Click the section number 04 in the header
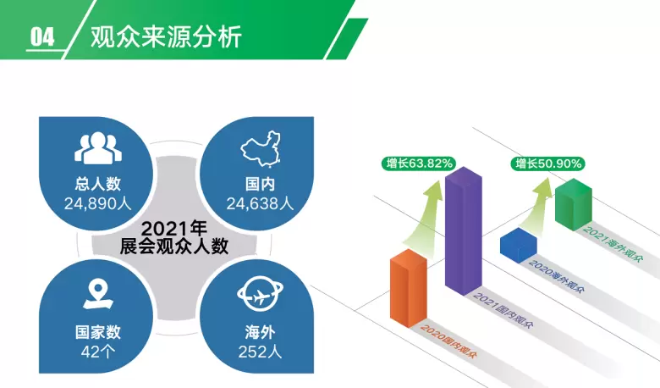42,36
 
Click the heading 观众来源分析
166,36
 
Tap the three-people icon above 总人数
98,148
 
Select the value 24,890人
97,204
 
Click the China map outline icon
261,149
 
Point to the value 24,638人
260,204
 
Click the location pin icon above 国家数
98,295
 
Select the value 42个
97,352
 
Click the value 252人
260,352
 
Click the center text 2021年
173,229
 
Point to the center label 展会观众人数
173,247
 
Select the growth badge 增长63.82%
419,164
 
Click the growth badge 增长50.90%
548,164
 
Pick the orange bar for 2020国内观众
409,288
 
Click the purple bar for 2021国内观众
464,231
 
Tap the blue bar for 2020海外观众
519,246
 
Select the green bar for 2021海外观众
574,205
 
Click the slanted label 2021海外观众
613,244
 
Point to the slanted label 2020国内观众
448,341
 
